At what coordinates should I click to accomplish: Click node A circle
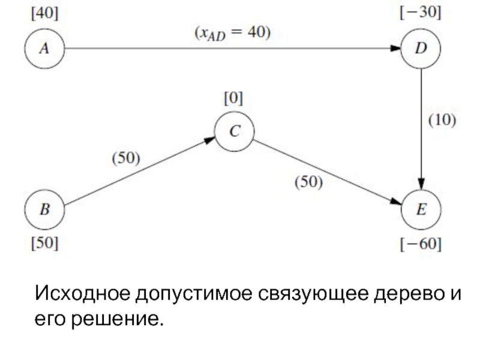pos(44,49)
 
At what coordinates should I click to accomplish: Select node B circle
pos(44,211)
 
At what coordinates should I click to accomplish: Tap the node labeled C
pos(235,131)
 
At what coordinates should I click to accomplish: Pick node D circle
pos(422,49)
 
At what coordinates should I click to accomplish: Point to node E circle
pos(422,211)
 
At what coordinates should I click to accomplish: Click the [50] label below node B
pos(44,244)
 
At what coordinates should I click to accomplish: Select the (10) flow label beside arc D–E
pos(442,120)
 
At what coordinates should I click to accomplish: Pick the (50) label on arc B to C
pos(127,159)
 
